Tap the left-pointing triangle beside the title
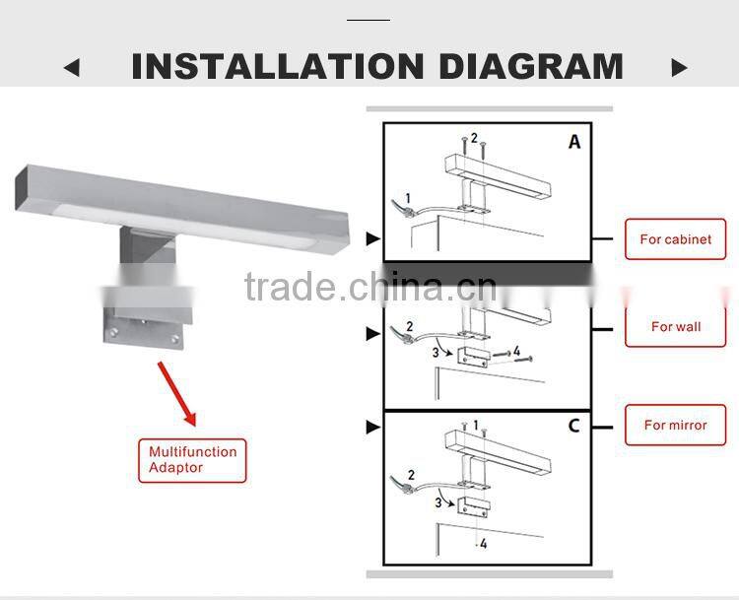[71, 68]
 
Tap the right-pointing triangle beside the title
[679, 68]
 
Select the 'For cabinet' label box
[675, 239]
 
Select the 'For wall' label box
[675, 326]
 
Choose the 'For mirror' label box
[675, 426]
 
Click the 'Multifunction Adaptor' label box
[192, 460]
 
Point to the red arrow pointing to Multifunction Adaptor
[177, 388]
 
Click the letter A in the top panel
[573, 142]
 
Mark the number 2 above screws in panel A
[473, 139]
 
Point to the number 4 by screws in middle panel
[516, 351]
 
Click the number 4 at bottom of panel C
[484, 543]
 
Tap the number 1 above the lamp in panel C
[475, 426]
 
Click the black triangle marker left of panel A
[372, 238]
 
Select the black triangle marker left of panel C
[372, 427]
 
